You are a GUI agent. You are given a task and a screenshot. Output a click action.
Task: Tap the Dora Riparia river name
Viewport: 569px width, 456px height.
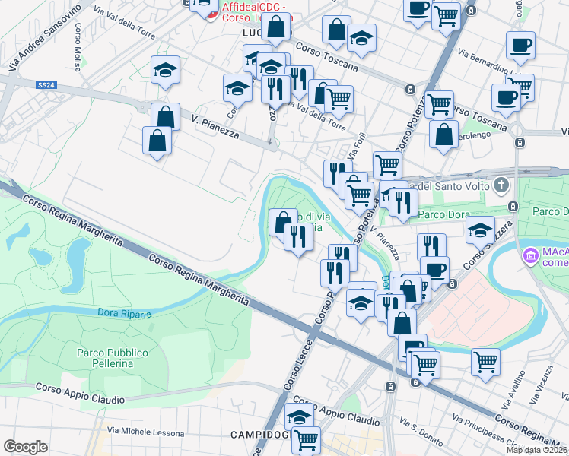click(125, 312)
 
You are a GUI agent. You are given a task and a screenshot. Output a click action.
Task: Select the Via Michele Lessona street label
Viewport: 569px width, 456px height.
click(145, 433)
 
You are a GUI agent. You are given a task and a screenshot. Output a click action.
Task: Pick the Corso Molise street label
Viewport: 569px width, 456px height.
click(78, 46)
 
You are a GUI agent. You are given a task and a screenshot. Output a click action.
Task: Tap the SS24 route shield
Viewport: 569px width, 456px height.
click(46, 85)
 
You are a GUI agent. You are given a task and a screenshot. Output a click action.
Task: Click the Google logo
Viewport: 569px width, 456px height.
click(25, 446)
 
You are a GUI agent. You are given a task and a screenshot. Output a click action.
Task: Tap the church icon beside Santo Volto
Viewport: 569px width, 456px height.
click(501, 185)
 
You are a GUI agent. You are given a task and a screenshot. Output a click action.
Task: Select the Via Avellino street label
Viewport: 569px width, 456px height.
click(514, 388)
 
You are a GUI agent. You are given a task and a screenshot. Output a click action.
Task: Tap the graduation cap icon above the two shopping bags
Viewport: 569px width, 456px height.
click(166, 70)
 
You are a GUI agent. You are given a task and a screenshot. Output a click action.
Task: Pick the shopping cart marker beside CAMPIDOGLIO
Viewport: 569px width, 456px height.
click(306, 439)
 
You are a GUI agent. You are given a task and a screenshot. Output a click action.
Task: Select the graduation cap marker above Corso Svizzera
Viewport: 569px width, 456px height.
click(481, 230)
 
